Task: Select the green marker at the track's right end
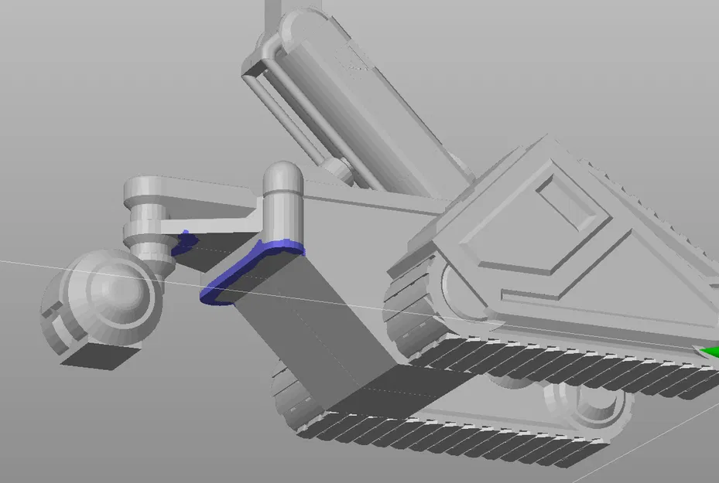point(709,353)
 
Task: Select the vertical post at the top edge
point(274,15)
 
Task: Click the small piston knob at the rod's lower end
point(336,168)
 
